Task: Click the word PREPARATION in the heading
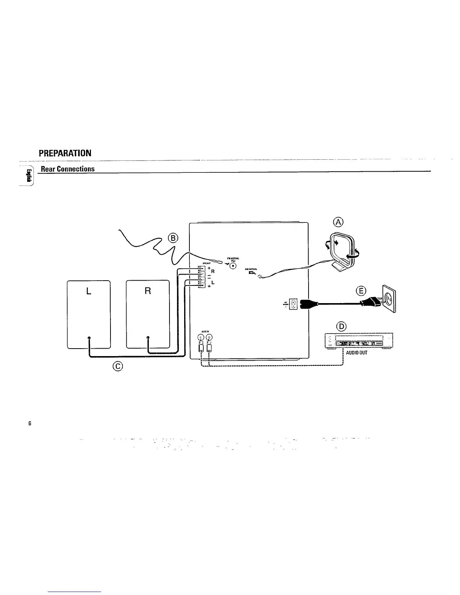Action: point(65,153)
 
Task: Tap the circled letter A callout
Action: point(339,222)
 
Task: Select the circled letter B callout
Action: point(173,238)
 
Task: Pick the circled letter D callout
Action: point(342,326)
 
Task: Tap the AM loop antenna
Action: point(341,252)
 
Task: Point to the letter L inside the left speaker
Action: point(89,291)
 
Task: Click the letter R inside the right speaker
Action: point(148,291)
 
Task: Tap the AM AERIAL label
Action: point(251,269)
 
